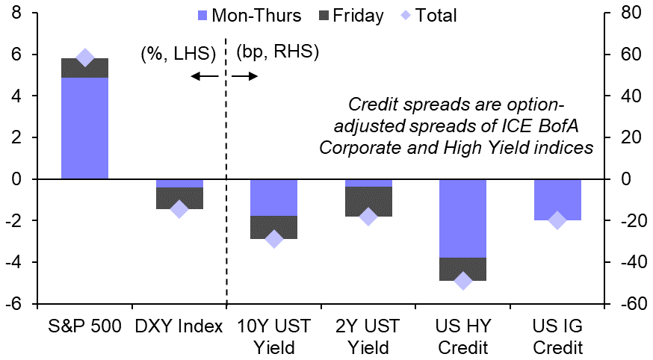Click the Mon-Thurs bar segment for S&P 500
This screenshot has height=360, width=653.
84,128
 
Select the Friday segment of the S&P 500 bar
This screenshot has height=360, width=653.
84,68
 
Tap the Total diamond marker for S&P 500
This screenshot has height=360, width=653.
84,58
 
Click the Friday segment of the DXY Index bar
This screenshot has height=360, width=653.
179,198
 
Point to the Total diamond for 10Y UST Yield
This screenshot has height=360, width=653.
273,239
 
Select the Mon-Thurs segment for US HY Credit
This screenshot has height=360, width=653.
462,218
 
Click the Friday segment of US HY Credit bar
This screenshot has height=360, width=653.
462,269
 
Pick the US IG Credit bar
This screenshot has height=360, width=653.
557,199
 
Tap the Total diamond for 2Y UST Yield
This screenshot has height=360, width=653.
368,217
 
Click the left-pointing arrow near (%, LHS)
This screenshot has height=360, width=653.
204,76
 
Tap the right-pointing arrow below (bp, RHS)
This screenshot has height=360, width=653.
245,76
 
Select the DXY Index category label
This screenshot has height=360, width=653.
179,326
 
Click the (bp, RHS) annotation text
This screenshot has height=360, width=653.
277,52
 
